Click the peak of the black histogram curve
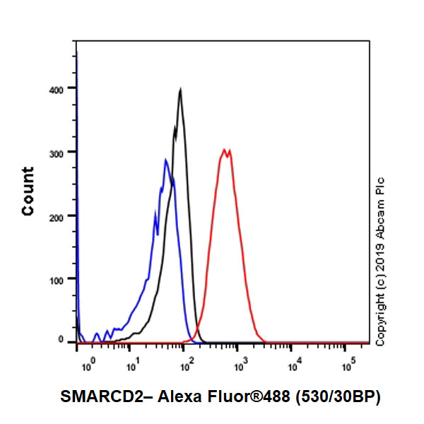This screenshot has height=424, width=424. coord(181,90)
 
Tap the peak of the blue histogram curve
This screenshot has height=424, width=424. coord(165,160)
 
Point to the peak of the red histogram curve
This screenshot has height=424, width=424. coord(225,149)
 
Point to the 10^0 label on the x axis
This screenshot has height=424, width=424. coord(88,367)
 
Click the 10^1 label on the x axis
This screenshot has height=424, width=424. coord(131,367)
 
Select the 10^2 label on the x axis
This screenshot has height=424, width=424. coord(187,367)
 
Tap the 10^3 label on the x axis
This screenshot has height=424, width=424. coord(240,367)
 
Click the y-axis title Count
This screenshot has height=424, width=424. coord(28,191)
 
